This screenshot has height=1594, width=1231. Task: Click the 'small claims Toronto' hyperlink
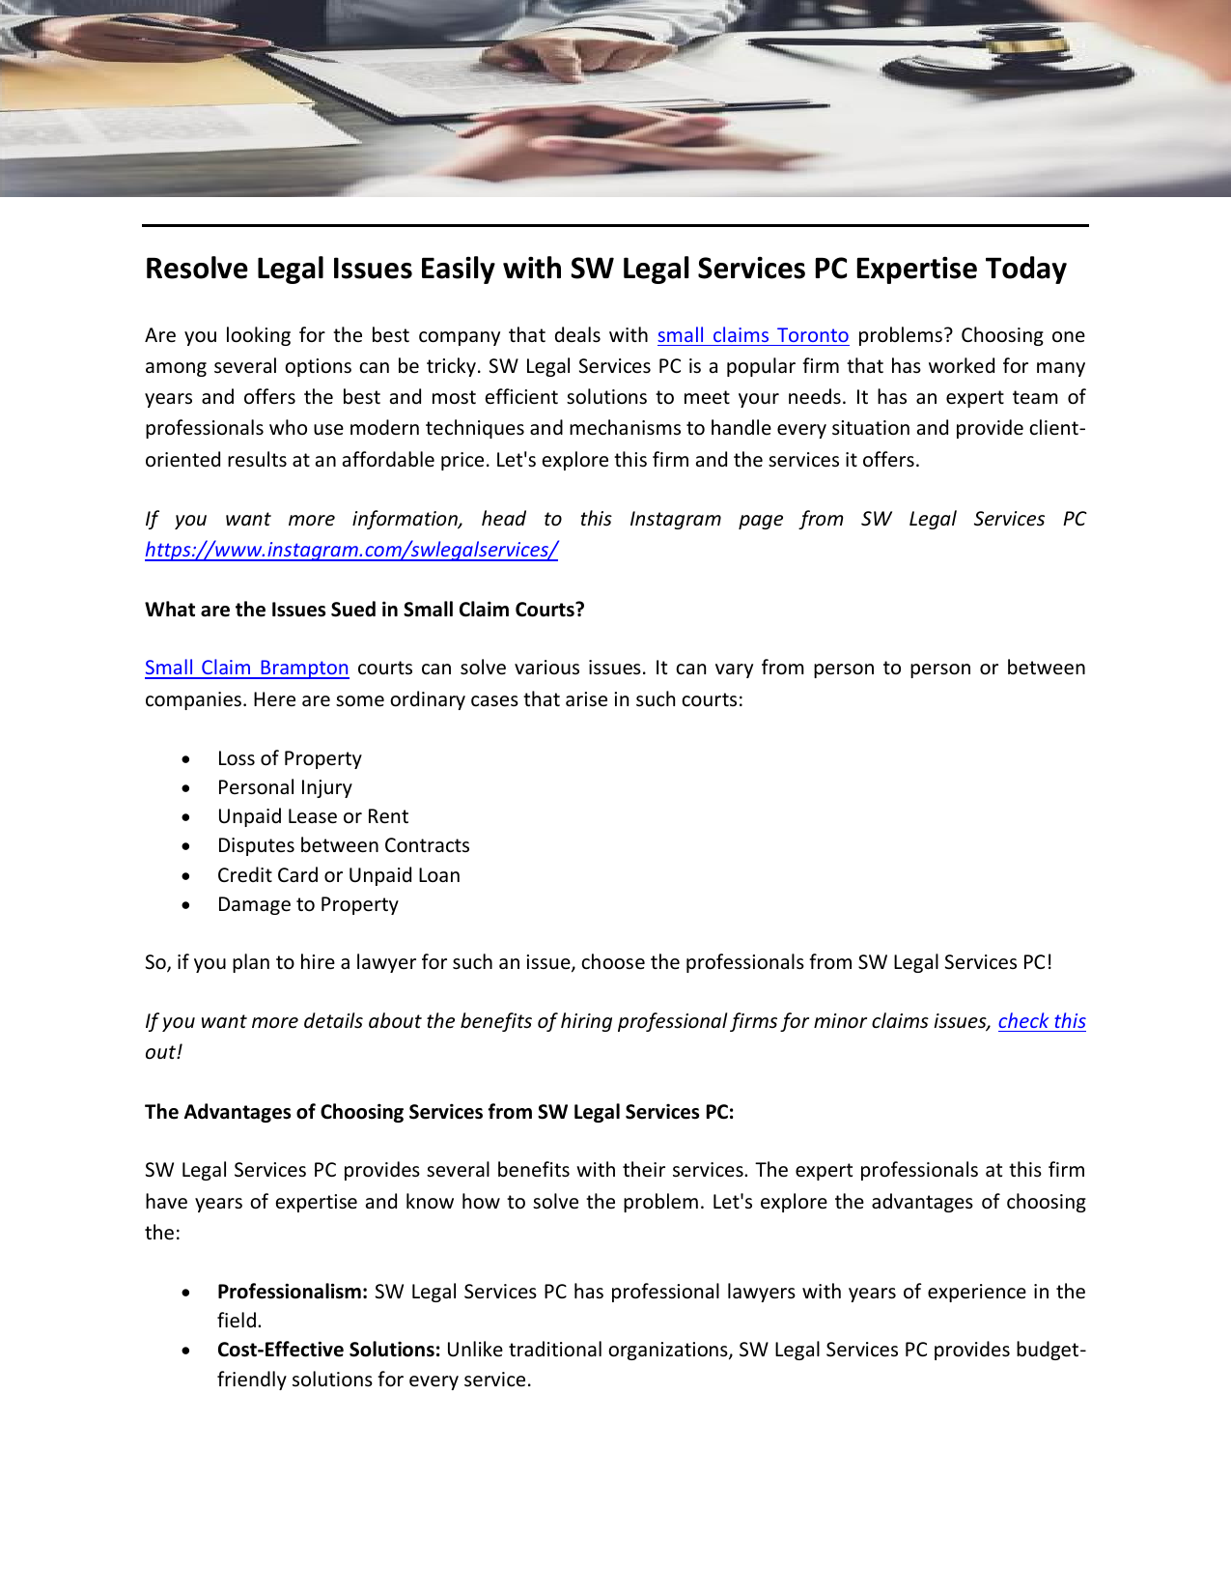point(752,335)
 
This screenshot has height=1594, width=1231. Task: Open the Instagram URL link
point(351,550)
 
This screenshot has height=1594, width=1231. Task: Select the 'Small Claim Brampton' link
point(246,668)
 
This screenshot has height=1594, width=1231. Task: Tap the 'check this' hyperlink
point(1041,1021)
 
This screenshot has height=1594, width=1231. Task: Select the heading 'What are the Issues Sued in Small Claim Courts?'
point(364,610)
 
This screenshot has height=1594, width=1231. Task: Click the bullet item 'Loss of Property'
point(289,758)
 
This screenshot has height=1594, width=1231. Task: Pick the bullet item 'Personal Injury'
point(284,787)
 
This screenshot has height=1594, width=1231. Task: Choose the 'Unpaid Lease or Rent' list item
point(312,816)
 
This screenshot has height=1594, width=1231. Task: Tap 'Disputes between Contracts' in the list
point(343,845)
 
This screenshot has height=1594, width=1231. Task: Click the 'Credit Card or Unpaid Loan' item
point(338,875)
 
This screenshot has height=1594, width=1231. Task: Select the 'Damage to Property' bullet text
point(307,904)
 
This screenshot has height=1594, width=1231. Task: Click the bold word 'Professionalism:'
point(292,1292)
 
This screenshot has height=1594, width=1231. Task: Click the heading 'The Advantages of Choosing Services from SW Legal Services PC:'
point(439,1112)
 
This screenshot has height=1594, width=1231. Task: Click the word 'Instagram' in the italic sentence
point(675,519)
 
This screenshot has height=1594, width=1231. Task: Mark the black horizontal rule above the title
point(615,226)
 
